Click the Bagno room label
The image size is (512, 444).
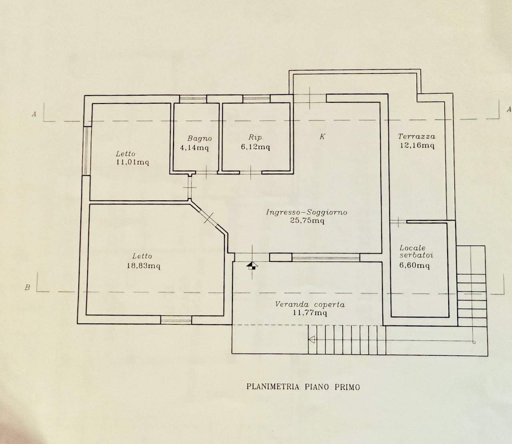[200, 138]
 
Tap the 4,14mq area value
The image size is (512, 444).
[194, 148]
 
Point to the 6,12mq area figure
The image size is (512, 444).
[255, 147]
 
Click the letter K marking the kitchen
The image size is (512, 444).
[322, 136]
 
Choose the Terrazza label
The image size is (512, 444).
[417, 136]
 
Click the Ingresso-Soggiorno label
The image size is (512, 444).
[306, 212]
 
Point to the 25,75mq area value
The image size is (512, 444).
[307, 220]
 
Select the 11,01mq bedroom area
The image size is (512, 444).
[132, 162]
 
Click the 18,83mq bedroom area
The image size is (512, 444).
[144, 266]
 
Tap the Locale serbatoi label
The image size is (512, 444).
[416, 251]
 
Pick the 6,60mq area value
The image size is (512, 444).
[414, 265]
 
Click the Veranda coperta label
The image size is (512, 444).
[310, 304]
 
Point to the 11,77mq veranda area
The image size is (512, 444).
[310, 313]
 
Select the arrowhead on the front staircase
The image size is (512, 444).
[312, 339]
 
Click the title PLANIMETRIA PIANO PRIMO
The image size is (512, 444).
[303, 387]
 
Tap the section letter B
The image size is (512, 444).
[27, 287]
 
